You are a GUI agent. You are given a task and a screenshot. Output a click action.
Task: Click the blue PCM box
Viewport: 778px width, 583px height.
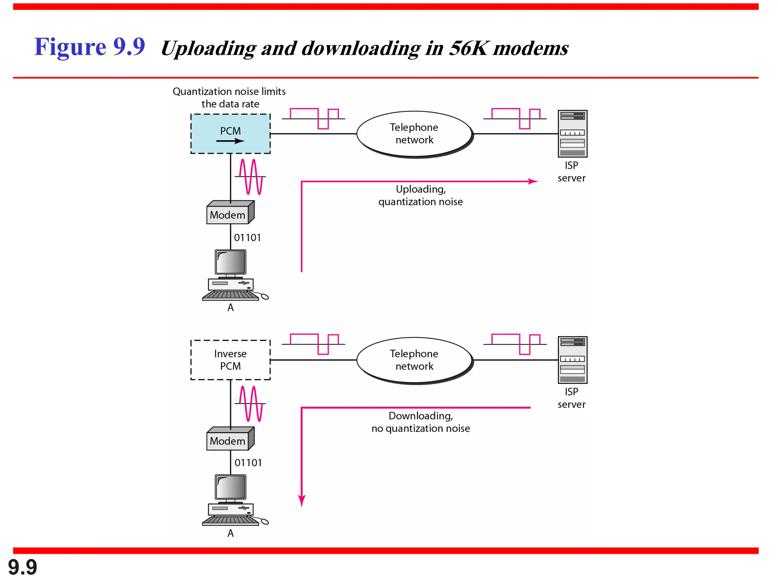tap(230, 134)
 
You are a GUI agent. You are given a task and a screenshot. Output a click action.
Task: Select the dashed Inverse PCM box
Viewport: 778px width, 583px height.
tap(230, 360)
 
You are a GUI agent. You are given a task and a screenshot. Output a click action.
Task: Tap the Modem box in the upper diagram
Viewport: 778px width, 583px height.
tap(228, 214)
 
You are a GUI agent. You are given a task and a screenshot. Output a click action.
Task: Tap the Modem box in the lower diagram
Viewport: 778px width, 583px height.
tap(228, 441)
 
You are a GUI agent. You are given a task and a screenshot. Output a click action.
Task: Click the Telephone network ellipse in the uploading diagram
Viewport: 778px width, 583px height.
tap(414, 134)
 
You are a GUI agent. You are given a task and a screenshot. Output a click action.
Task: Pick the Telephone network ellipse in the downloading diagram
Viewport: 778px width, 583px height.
tap(414, 360)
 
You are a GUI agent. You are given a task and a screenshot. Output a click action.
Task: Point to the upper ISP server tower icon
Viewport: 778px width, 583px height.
tap(572, 134)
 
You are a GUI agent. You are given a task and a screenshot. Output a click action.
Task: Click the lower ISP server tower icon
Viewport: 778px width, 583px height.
tap(572, 360)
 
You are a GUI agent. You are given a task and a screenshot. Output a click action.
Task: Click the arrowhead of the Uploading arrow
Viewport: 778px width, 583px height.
tap(534, 181)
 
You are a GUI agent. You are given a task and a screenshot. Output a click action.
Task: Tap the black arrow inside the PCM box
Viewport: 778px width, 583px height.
tap(231, 141)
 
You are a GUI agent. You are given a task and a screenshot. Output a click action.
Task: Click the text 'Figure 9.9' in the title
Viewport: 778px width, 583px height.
tap(90, 47)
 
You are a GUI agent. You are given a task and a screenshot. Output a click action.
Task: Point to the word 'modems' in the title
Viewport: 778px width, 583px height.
tap(531, 49)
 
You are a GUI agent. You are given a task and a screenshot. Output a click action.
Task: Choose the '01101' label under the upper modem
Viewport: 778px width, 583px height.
tap(247, 238)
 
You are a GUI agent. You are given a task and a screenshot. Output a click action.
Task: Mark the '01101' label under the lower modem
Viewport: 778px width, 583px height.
tap(248, 463)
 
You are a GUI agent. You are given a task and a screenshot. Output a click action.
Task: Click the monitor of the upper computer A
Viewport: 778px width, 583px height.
tap(231, 262)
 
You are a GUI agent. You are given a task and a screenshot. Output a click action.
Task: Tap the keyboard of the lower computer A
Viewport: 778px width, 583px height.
tap(231, 521)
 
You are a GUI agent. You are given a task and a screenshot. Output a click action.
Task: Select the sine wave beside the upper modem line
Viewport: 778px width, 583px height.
tap(251, 176)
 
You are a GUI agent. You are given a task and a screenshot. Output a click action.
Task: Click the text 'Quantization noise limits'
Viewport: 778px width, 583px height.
tap(229, 91)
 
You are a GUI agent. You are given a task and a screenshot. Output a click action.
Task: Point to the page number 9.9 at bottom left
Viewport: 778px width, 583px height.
tap(22, 567)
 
